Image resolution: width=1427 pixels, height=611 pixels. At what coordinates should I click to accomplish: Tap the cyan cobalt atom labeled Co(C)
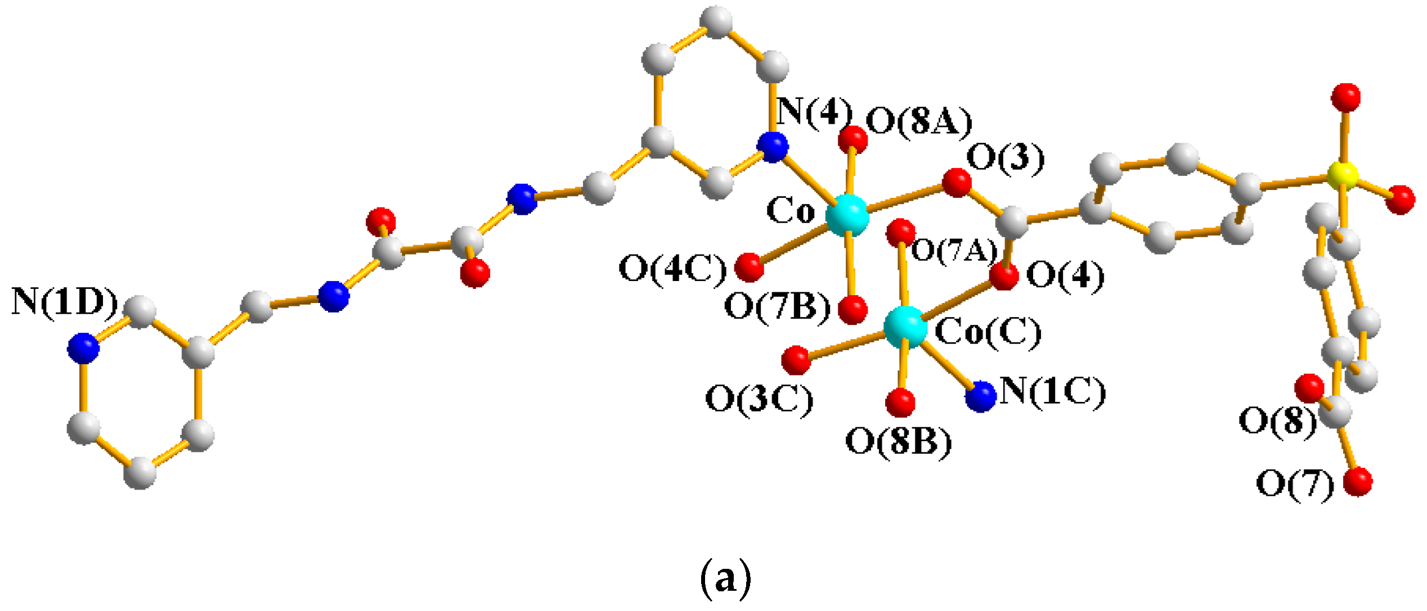(x=905, y=327)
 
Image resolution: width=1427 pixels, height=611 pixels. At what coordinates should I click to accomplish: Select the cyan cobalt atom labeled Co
(x=847, y=215)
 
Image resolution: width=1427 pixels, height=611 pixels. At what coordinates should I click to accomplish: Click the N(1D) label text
(x=64, y=302)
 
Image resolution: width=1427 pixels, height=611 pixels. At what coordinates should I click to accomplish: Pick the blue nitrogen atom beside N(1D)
(x=83, y=348)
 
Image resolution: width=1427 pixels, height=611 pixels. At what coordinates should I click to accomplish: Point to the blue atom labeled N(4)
(x=773, y=147)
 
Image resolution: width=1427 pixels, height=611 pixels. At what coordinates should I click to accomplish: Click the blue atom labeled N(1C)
(x=981, y=396)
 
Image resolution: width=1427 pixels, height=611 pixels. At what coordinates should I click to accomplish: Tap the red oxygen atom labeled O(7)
(x=1358, y=482)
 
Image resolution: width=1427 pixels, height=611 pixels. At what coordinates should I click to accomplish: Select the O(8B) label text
(x=898, y=442)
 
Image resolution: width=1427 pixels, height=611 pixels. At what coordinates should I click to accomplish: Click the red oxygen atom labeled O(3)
(x=957, y=183)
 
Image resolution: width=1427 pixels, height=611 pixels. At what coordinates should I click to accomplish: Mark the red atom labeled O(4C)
(x=750, y=266)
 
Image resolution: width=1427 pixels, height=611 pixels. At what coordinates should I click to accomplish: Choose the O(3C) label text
(x=759, y=400)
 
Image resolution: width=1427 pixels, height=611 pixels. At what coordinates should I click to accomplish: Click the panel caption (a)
(x=725, y=578)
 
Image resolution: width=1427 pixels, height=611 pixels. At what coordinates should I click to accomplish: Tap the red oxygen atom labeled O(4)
(x=1004, y=276)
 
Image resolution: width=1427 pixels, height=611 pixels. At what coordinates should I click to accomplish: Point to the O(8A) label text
(x=918, y=122)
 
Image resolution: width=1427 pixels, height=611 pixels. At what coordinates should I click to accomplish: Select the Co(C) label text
(x=988, y=332)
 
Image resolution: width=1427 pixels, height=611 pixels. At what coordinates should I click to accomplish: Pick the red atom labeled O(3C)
(x=796, y=360)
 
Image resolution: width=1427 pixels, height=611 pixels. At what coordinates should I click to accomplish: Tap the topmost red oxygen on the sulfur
(x=1346, y=98)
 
